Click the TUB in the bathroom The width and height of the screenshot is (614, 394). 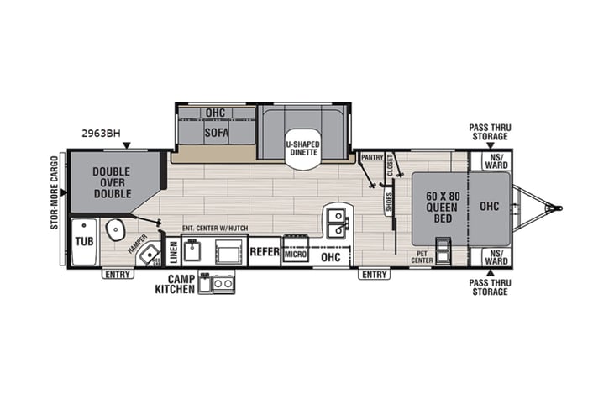[84, 241]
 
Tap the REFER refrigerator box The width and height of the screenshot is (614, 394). [264, 250]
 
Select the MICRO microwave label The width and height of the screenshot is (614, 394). [295, 253]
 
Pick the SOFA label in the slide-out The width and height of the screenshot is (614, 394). [217, 132]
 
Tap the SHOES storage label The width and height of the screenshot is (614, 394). [389, 202]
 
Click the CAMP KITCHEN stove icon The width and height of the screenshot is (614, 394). [223, 283]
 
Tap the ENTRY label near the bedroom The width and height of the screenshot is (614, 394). [374, 274]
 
